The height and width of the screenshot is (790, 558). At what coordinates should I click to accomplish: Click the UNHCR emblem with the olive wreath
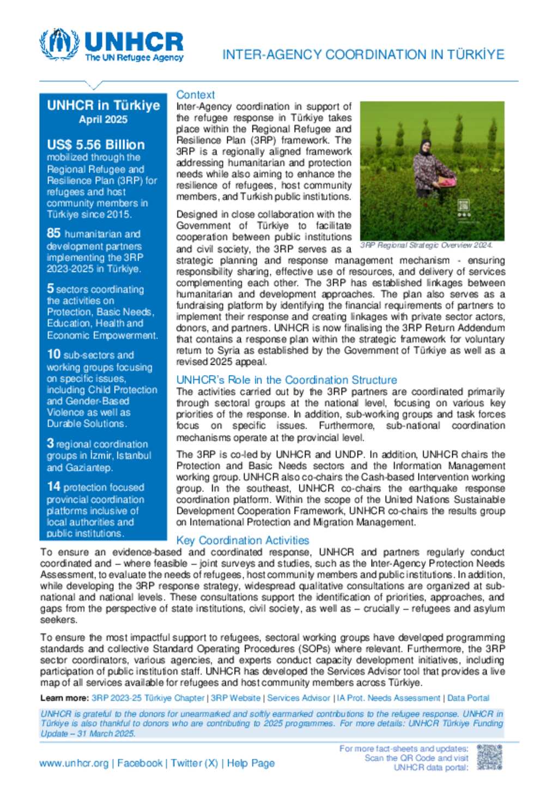pyautogui.click(x=59, y=44)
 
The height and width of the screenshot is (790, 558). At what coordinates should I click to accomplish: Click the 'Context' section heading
pyautogui.click(x=195, y=94)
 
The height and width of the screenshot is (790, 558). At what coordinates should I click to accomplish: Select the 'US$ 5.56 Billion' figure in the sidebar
pyautogui.click(x=96, y=144)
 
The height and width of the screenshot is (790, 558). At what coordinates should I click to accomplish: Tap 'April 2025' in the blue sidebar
pyautogui.click(x=103, y=119)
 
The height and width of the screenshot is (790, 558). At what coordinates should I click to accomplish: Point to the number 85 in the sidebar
pyautogui.click(x=53, y=233)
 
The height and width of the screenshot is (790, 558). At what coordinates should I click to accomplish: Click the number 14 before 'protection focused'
pyautogui.click(x=53, y=486)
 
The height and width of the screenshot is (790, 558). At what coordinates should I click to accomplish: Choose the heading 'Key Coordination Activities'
pyautogui.click(x=242, y=540)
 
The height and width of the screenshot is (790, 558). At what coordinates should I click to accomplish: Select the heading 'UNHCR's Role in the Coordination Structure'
pyautogui.click(x=286, y=380)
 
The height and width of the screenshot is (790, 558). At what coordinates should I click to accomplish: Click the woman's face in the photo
pyautogui.click(x=425, y=146)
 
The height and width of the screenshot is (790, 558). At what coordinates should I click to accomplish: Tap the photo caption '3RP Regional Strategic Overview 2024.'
pyautogui.click(x=426, y=245)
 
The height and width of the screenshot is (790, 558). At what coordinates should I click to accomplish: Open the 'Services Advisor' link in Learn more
pyautogui.click(x=299, y=698)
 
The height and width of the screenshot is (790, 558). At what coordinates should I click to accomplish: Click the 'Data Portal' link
pyautogui.click(x=468, y=698)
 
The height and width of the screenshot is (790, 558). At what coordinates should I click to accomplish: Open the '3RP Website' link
pyautogui.click(x=235, y=698)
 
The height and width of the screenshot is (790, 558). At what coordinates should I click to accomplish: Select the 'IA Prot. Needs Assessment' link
pyautogui.click(x=389, y=698)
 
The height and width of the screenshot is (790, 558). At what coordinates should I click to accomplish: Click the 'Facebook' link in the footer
pyautogui.click(x=139, y=763)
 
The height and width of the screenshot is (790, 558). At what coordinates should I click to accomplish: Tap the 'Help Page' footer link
pyautogui.click(x=251, y=763)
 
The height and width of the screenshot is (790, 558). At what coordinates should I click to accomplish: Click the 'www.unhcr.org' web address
pyautogui.click(x=74, y=763)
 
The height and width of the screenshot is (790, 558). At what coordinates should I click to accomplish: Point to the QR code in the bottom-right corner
pyautogui.click(x=489, y=757)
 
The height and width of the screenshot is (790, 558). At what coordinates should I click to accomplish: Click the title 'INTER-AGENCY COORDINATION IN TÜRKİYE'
pyautogui.click(x=363, y=55)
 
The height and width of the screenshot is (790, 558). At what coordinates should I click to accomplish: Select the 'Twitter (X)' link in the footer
pyautogui.click(x=194, y=763)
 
